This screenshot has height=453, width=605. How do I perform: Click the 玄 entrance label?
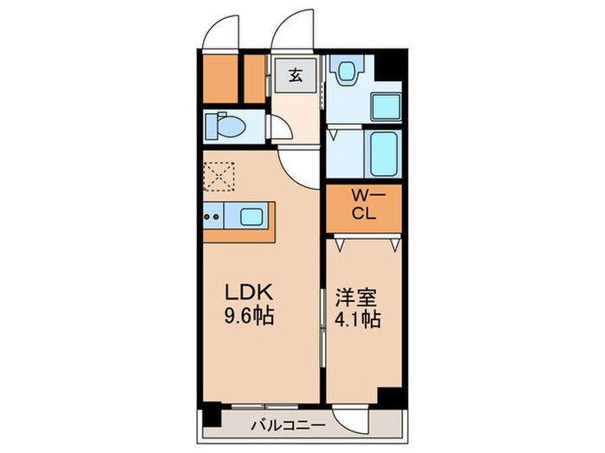tap(295, 75)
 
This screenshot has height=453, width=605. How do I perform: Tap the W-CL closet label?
tap(362, 207)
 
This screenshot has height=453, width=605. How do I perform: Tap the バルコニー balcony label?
tap(288, 425)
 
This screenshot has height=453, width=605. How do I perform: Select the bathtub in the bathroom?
tap(383, 154)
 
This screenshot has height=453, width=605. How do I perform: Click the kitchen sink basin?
tap(253, 217)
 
